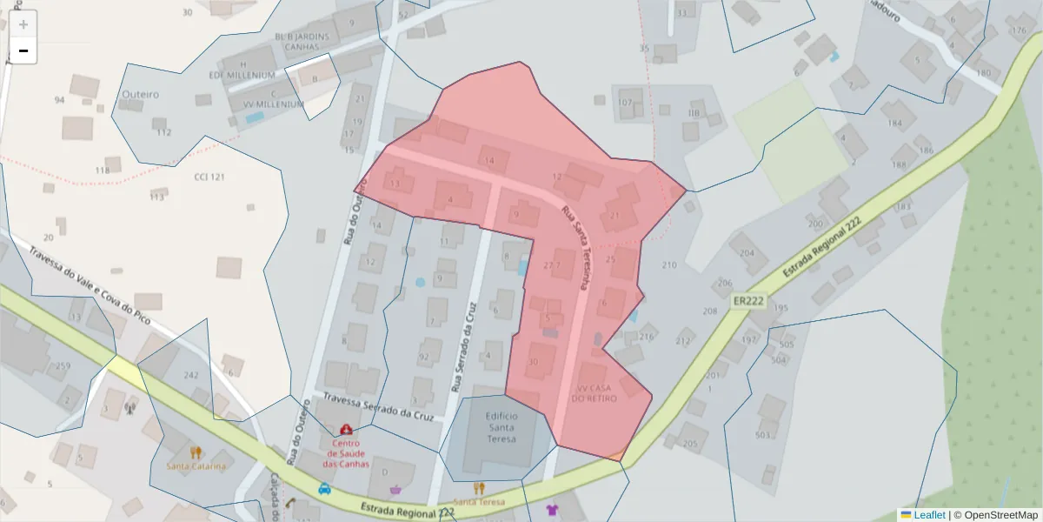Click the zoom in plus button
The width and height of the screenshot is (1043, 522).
point(23,24)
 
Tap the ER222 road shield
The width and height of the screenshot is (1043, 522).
point(747,300)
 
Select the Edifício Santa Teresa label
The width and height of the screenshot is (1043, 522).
point(502,427)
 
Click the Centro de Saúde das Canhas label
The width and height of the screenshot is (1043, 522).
point(346,452)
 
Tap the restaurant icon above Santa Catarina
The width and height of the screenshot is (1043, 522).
point(196,452)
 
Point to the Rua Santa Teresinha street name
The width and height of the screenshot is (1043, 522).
point(576,247)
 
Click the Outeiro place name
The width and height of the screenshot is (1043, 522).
point(140,93)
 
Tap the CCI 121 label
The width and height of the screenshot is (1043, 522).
point(209,177)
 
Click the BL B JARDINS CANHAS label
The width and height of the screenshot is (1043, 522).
point(302,41)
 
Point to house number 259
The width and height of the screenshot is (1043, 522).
point(63,365)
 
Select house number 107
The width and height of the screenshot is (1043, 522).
point(625,103)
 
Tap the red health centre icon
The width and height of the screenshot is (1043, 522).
point(346,430)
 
